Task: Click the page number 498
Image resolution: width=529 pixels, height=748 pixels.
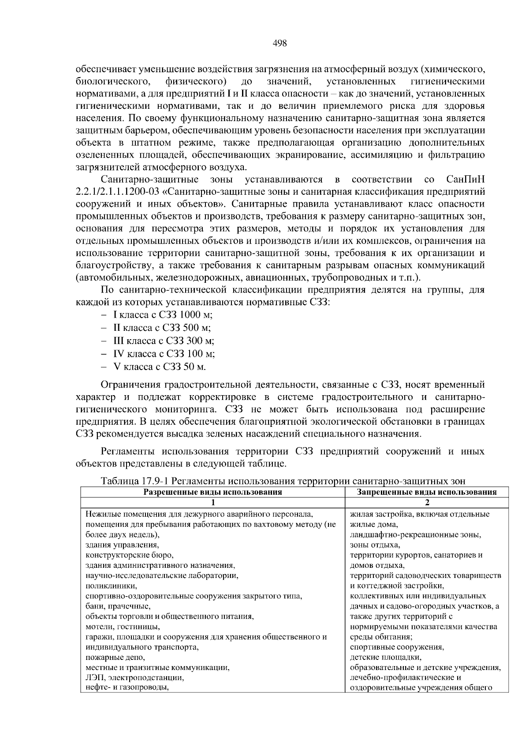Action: (280, 43)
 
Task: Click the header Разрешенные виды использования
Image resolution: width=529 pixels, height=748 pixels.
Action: (212, 492)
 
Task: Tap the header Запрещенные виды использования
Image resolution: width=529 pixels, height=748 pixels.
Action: (427, 492)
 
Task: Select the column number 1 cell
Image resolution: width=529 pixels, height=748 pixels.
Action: (212, 503)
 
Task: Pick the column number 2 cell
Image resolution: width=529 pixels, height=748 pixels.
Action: (427, 503)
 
